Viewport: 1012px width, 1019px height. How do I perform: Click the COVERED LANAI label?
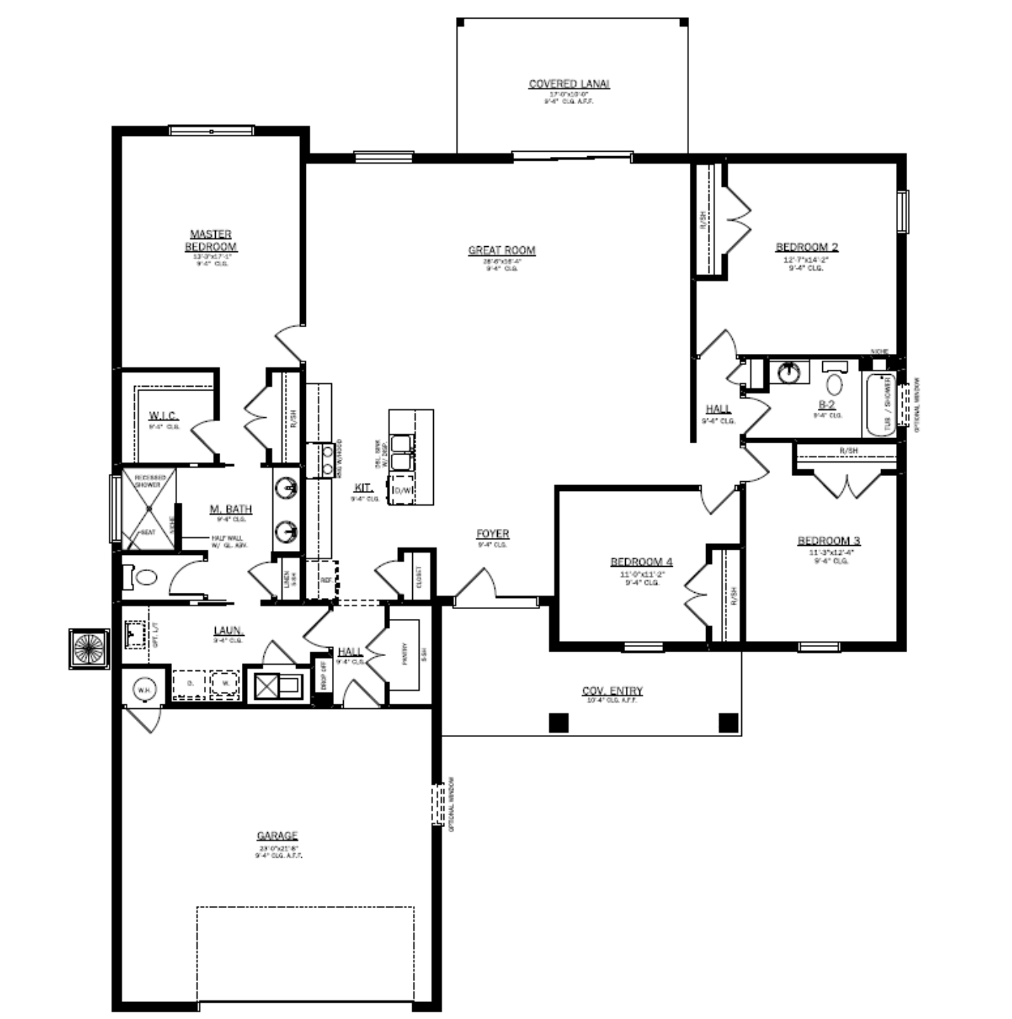[x=569, y=84]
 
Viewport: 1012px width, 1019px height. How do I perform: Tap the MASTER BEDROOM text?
[x=211, y=240]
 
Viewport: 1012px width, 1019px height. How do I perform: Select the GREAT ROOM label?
[x=502, y=251]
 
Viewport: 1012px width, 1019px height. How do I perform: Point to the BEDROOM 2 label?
[x=807, y=247]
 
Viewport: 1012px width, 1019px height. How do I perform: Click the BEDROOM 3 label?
[x=828, y=541]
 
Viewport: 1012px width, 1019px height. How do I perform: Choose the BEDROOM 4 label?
[x=641, y=562]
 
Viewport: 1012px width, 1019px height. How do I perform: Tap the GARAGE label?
[x=277, y=836]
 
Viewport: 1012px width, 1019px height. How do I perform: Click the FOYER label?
[x=493, y=534]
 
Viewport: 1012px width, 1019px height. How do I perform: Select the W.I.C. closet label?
[x=164, y=416]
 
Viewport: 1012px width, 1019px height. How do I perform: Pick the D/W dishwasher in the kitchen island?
[x=402, y=490]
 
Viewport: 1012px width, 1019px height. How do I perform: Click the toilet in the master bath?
[x=143, y=577]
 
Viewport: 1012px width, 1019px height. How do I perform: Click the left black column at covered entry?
[x=559, y=722]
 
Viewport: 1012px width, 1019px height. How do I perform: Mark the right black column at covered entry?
[x=728, y=722]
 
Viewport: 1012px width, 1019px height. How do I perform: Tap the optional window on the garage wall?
[x=439, y=803]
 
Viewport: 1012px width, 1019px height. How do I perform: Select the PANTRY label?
[x=405, y=655]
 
